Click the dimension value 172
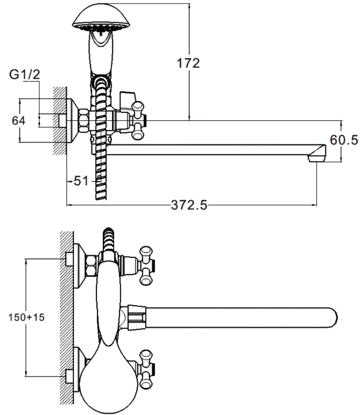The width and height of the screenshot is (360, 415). [x=188, y=63]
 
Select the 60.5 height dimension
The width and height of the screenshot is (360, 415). [x=344, y=140]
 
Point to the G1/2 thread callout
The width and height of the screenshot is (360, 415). [x=25, y=75]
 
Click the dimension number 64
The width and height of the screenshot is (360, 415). [x=18, y=121]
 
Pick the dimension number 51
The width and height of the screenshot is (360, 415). [x=81, y=181]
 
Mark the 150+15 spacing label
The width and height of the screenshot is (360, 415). [x=27, y=317]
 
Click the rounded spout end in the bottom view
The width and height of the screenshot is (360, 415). [x=330, y=317]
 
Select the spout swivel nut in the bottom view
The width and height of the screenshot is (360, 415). [x=136, y=317]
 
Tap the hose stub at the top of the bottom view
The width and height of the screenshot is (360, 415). [x=108, y=238]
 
